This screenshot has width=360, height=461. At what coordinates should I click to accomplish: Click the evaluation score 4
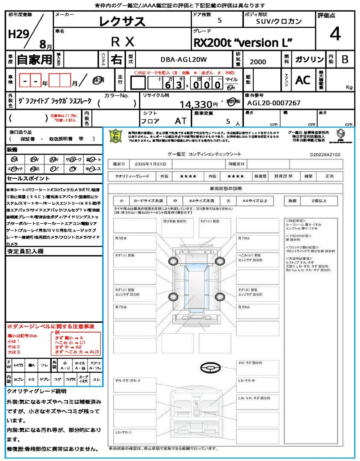tap(335, 34)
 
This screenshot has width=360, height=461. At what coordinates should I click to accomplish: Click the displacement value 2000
tap(258, 62)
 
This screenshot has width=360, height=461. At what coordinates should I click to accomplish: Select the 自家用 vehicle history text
tap(34, 59)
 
